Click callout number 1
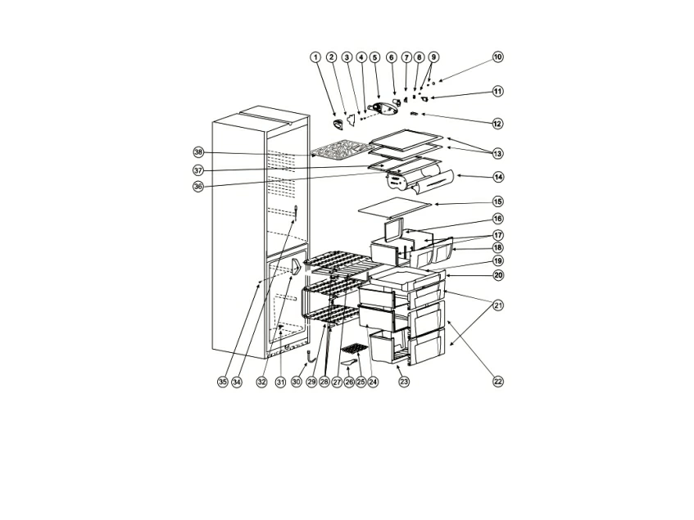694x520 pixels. pyautogui.click(x=315, y=57)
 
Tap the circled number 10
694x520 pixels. pyautogui.click(x=498, y=57)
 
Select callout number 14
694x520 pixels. pyautogui.click(x=498, y=177)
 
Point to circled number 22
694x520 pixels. pyautogui.click(x=498, y=382)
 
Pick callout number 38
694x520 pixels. pyautogui.click(x=198, y=152)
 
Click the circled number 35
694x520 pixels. pyautogui.click(x=223, y=382)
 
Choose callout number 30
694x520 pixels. pyautogui.click(x=297, y=382)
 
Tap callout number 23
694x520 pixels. pyautogui.click(x=404, y=382)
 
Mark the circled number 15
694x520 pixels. pyautogui.click(x=498, y=201)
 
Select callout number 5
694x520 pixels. pyautogui.click(x=375, y=57)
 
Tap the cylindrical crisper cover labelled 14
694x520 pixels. pyautogui.click(x=420, y=181)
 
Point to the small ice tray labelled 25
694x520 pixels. pyautogui.click(x=355, y=350)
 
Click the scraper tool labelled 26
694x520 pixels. pyautogui.click(x=350, y=362)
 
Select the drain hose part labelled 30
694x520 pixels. pyautogui.click(x=310, y=355)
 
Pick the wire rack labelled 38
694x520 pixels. pyautogui.click(x=341, y=151)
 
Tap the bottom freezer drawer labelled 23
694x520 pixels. pyautogui.click(x=388, y=346)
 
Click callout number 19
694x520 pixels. pyautogui.click(x=498, y=261)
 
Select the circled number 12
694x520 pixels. pyautogui.click(x=498, y=124)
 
